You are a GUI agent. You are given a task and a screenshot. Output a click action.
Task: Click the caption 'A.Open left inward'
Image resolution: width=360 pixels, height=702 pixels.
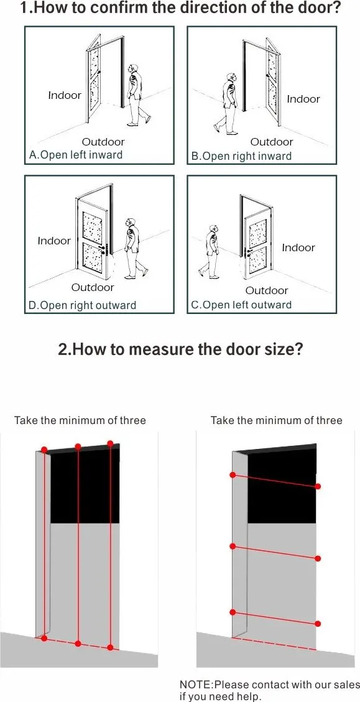tap(76, 155)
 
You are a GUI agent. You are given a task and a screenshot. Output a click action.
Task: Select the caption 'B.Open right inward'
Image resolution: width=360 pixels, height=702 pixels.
tap(241, 156)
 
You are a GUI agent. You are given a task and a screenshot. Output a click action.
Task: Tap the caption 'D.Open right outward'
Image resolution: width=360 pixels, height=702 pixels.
tap(81, 305)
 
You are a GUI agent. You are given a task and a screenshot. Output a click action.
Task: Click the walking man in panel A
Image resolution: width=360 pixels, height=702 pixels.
tap(137, 93)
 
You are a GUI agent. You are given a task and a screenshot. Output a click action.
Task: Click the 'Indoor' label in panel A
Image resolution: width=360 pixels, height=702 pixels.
tap(65, 95)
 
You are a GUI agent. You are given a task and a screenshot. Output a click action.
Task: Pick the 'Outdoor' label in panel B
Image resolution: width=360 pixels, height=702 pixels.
tap(271, 142)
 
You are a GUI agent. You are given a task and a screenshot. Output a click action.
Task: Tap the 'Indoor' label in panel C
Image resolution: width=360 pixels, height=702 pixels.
tap(298, 247)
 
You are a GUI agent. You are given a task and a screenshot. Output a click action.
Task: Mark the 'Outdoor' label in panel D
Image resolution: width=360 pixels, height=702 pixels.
tap(93, 287)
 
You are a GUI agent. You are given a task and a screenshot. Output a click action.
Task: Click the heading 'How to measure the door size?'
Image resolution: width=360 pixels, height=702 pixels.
tap(180, 349)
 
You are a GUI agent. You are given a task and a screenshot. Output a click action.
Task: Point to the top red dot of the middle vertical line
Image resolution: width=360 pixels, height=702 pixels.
tap(78, 446)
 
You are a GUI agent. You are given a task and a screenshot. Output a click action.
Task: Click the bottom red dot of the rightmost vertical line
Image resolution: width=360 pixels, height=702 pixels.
tap(110, 647)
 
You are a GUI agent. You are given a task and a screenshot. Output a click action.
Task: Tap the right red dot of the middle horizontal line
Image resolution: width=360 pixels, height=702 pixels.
tap(318, 559)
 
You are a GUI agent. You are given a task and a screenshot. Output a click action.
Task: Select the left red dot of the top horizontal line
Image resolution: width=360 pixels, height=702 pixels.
tap(233, 475)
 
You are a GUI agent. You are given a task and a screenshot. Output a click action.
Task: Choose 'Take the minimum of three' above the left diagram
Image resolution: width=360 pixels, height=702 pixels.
tap(80, 420)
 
